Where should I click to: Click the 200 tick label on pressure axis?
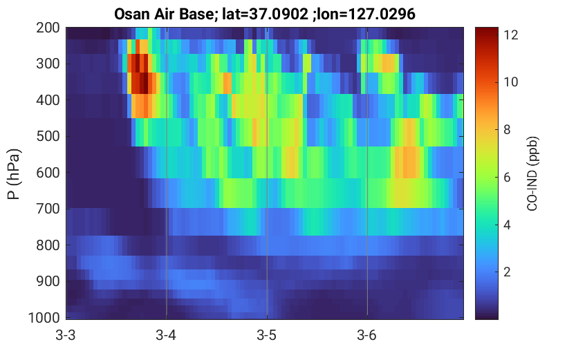48,28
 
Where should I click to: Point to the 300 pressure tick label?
48,64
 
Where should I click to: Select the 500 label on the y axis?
48,136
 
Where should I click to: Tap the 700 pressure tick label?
48,209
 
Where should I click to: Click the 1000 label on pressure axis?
44,318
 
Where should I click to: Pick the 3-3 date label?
66,335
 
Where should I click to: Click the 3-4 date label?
166,335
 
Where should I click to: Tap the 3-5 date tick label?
267,335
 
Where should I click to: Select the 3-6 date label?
367,335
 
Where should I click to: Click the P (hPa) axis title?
14,174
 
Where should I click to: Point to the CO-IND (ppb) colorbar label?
532,174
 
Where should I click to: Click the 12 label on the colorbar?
510,35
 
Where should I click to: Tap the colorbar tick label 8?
507,129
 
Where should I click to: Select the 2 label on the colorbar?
507,272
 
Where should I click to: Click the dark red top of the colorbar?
487,31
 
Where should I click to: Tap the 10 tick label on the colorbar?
510,82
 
